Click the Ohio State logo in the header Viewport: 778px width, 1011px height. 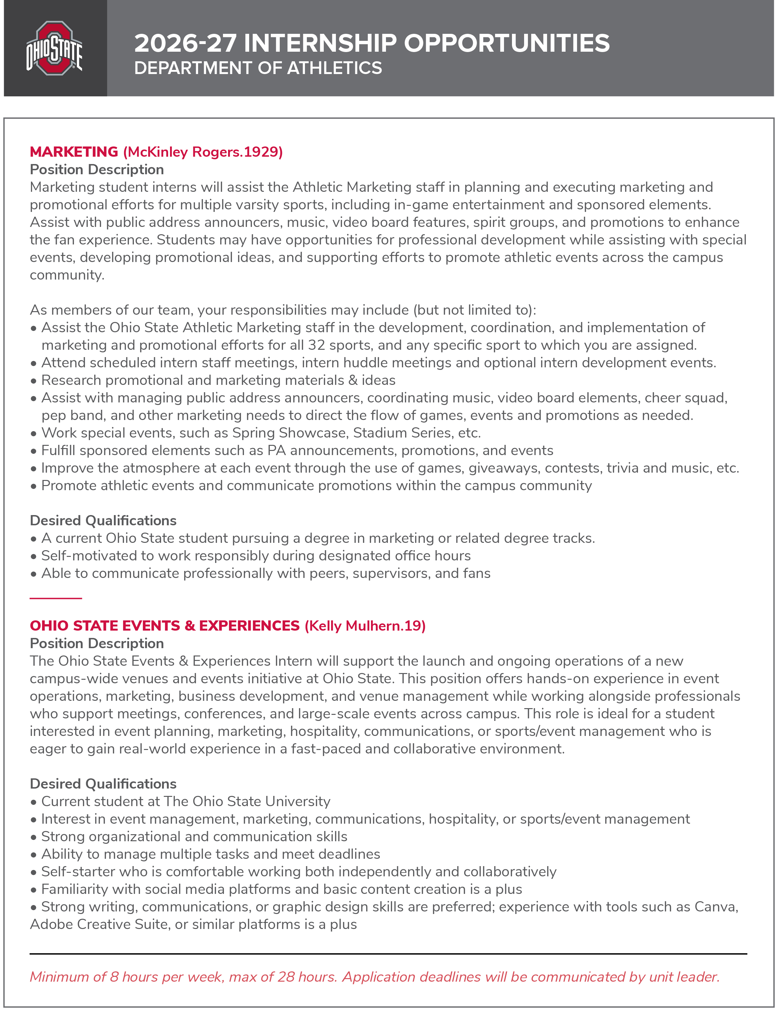click(55, 48)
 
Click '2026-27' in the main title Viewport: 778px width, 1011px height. click(185, 43)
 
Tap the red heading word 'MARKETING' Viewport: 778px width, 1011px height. click(74, 152)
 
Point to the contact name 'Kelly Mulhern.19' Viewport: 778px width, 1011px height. click(365, 626)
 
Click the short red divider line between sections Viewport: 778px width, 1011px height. click(56, 599)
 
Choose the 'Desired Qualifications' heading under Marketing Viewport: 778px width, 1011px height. click(103, 521)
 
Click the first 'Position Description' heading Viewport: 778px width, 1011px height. click(97, 169)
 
